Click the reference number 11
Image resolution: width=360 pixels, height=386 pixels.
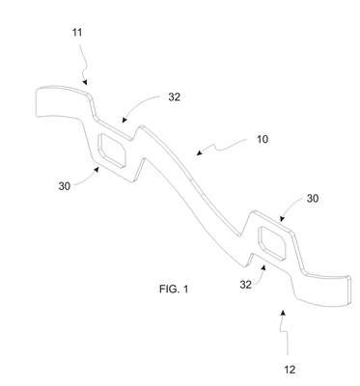pyautogui.click(x=77, y=33)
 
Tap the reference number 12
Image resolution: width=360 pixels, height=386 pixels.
pyautogui.click(x=290, y=370)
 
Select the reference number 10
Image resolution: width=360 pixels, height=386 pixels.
pyautogui.click(x=263, y=140)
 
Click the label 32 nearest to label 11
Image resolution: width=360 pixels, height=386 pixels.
pyautogui.click(x=174, y=96)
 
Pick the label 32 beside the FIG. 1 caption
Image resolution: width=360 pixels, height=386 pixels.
pyautogui.click(x=245, y=285)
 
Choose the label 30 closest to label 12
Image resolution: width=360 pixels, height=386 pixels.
pyautogui.click(x=313, y=199)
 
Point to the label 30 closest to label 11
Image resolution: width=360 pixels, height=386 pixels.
pyautogui.click(x=65, y=186)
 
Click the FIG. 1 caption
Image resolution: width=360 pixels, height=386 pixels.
pyautogui.click(x=174, y=289)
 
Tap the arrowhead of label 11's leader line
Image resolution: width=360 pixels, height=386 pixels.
pyautogui.click(x=84, y=82)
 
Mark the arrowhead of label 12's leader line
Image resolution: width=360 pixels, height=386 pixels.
pyautogui.click(x=283, y=313)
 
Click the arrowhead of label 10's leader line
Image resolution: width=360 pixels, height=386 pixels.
pyautogui.click(x=200, y=152)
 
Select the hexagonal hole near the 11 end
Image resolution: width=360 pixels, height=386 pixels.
pyautogui.click(x=111, y=151)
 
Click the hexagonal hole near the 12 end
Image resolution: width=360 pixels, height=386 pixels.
pyautogui.click(x=272, y=243)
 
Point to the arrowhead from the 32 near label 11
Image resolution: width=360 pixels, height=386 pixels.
pyautogui.click(x=125, y=120)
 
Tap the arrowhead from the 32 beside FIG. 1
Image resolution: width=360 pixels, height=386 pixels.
pyautogui.click(x=263, y=267)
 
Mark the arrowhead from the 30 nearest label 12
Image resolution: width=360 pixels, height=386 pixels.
pyautogui.click(x=282, y=219)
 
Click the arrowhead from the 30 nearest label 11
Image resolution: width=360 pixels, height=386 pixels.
pyautogui.click(x=96, y=169)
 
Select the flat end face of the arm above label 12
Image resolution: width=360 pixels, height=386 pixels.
pyautogui.click(x=348, y=289)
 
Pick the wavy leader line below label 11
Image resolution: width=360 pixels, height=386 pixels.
pyautogui.click(x=83, y=61)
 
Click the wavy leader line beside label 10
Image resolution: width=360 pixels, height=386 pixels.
pyautogui.click(x=222, y=146)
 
